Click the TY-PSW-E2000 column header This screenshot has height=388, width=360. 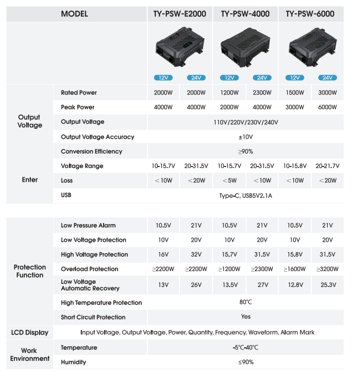(x=180, y=14)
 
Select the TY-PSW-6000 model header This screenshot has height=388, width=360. (x=310, y=14)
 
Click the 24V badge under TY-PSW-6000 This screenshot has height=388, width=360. (x=328, y=78)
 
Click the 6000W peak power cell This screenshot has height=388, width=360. (x=328, y=108)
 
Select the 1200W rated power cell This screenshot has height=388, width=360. (x=230, y=93)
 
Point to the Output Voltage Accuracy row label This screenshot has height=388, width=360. (x=97, y=137)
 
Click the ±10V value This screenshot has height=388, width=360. (x=245, y=137)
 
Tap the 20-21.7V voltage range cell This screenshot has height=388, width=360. (x=328, y=166)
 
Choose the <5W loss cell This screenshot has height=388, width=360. (x=230, y=181)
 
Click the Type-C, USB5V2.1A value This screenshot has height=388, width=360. (x=245, y=196)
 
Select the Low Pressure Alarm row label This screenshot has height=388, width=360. (x=88, y=225)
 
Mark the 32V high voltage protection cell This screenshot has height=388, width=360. (x=196, y=255)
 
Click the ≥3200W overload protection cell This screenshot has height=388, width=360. (x=328, y=269)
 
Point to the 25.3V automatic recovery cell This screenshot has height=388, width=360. (x=328, y=285)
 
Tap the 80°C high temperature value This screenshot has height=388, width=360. (x=245, y=302)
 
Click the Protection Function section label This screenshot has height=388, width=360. (x=30, y=271)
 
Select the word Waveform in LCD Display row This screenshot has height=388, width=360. (x=263, y=333)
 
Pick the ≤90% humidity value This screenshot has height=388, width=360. (x=245, y=362)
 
